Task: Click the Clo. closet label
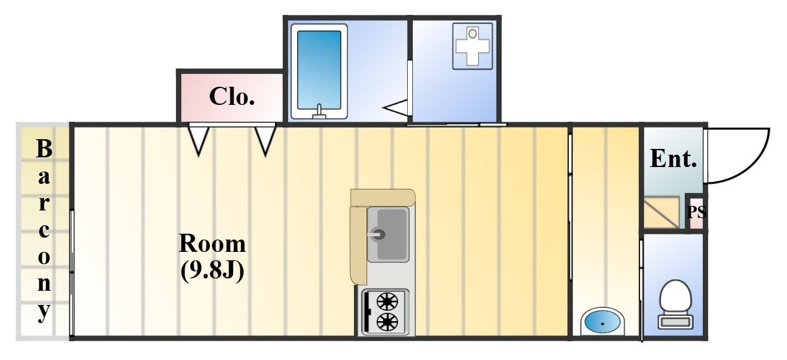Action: pos(231,97)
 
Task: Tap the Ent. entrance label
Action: pos(673,159)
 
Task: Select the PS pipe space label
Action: pos(696,212)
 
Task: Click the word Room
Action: pos(212,244)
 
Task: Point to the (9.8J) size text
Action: pos(212,270)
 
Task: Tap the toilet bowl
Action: pos(675,298)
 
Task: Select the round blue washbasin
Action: pos(603,321)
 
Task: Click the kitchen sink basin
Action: pos(388,234)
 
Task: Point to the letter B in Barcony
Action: pos(43,150)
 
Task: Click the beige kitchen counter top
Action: pos(382,196)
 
